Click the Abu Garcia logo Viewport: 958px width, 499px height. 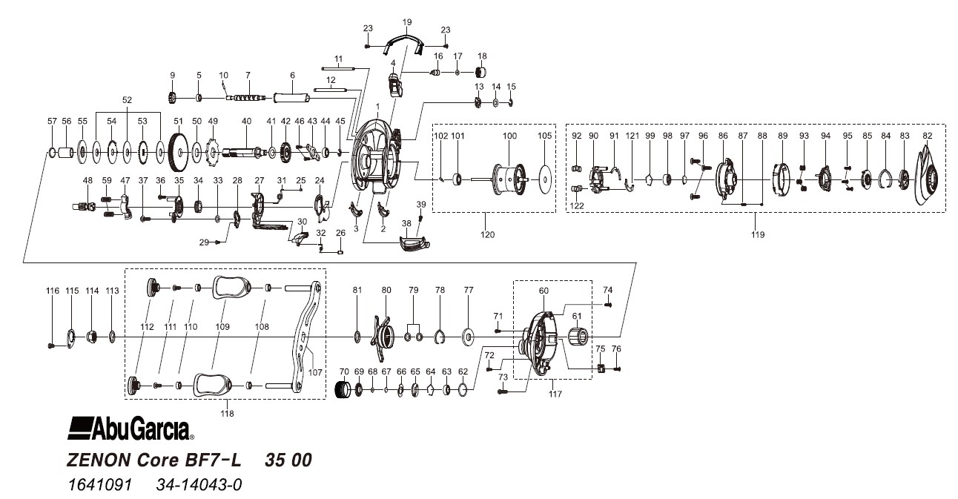click(131, 429)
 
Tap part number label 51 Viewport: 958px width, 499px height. click(177, 121)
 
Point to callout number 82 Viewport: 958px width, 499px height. click(927, 136)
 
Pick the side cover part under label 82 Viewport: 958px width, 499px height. click(929, 179)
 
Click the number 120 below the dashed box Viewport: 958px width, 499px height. click(487, 234)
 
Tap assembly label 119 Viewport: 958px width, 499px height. click(756, 234)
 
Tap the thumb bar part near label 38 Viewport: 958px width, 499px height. click(412, 244)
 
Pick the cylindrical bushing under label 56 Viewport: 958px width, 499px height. click(66, 153)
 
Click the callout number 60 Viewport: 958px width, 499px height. click(544, 291)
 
